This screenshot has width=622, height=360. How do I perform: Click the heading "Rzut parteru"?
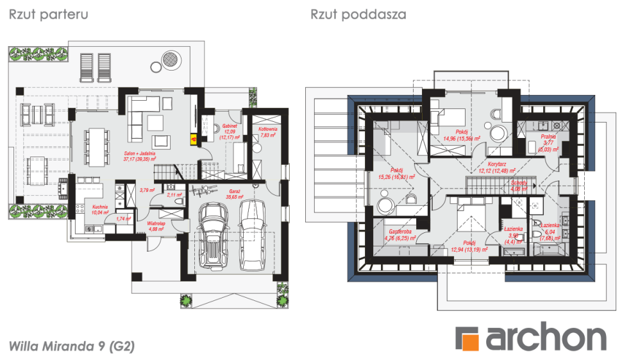click(48, 14)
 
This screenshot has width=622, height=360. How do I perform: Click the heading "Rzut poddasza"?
click(358, 14)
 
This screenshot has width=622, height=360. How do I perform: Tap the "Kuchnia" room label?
click(99, 207)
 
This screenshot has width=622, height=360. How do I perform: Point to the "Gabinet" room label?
click(230, 126)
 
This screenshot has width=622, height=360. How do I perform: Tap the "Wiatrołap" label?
click(157, 224)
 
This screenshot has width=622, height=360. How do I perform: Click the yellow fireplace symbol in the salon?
click(192, 136)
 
